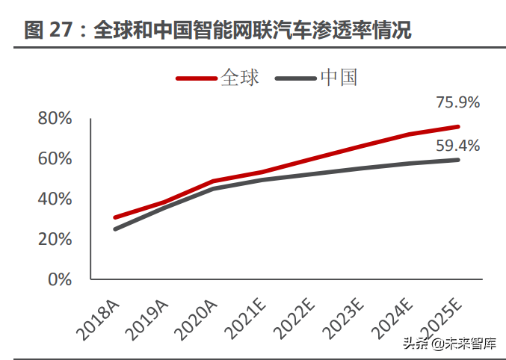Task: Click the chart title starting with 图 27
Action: (217, 31)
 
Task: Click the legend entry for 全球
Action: (218, 78)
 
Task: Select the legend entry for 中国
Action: (317, 78)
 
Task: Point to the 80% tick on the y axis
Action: (55, 119)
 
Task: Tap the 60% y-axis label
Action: (55, 159)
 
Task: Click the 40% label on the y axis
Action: (55, 199)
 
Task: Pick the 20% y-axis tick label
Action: (55, 240)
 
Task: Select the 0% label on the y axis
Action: (59, 280)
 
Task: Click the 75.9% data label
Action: (457, 102)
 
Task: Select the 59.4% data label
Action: (457, 145)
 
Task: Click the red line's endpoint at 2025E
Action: (457, 126)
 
